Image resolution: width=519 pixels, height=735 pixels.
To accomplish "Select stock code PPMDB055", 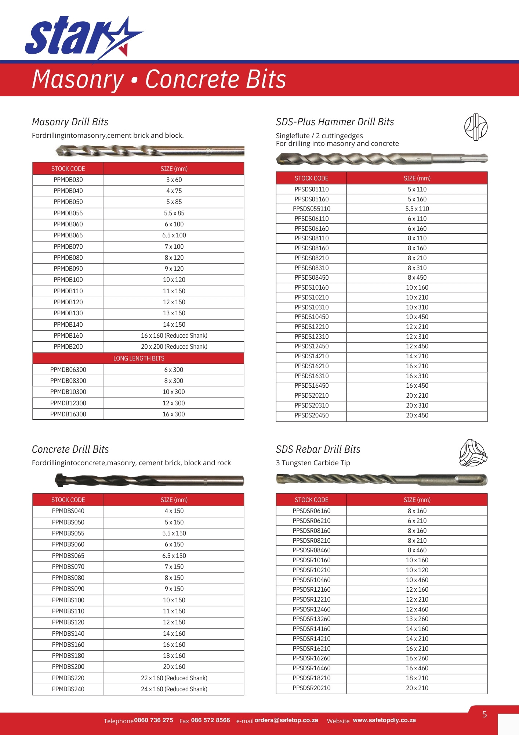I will tap(68, 213).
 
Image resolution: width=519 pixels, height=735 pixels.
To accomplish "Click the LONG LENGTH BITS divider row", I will tap(138, 358).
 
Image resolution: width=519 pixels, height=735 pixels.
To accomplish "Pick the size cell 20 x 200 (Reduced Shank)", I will tap(174, 347).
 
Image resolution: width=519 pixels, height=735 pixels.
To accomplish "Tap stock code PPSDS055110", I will tap(312, 209).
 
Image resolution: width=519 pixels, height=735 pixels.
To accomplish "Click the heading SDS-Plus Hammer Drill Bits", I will tap(335, 122).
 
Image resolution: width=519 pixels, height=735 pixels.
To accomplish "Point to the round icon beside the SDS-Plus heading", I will tap(476, 127).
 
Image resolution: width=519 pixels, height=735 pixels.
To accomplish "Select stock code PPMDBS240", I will tap(68, 689).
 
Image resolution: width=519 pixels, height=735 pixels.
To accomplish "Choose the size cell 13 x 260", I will tap(417, 619).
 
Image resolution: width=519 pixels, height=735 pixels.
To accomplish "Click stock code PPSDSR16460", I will tap(312, 668).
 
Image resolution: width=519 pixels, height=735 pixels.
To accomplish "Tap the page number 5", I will tap(484, 714).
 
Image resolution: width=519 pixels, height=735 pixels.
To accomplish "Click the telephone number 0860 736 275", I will tap(153, 720).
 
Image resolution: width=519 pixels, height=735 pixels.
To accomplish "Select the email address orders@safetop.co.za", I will tap(286, 720).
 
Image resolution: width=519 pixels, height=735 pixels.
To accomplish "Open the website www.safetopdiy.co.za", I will tap(384, 720).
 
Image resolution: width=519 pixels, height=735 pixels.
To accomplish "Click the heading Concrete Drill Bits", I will tap(70, 449).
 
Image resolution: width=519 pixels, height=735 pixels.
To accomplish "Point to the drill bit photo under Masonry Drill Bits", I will tap(150, 150).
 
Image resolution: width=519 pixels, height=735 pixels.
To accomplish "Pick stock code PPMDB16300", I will tap(68, 414).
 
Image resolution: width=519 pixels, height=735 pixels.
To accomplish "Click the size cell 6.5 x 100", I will tap(174, 235).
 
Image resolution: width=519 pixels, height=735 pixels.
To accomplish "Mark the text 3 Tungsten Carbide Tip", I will tap(313, 463).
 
